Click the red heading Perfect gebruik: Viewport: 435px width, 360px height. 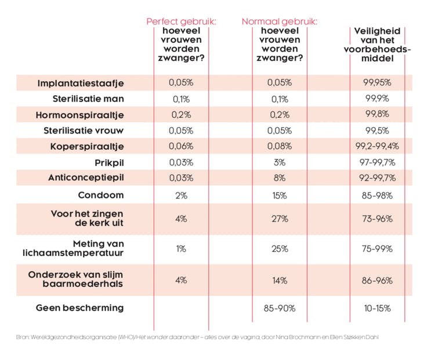pyautogui.click(x=181, y=21)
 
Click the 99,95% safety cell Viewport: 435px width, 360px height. pyautogui.click(x=376, y=83)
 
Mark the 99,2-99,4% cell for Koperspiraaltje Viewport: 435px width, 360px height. pyautogui.click(x=376, y=146)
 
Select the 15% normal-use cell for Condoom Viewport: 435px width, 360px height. pyautogui.click(x=280, y=196)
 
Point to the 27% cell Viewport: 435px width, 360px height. pyautogui.click(x=280, y=219)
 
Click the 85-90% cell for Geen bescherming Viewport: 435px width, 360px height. pyautogui.click(x=280, y=308)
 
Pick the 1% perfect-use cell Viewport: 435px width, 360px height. pyautogui.click(x=181, y=249)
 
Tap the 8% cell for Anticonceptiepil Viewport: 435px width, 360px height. pyautogui.click(x=280, y=178)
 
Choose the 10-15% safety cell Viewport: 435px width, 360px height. pyautogui.click(x=376, y=308)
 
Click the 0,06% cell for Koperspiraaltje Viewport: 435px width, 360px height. pyautogui.click(x=181, y=146)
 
